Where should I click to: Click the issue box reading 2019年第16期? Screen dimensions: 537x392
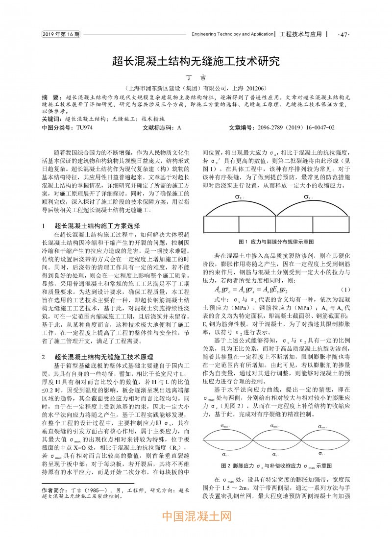[61, 34]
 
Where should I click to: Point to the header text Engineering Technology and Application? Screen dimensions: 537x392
[232, 35]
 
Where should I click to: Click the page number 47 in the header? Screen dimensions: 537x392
[343, 35]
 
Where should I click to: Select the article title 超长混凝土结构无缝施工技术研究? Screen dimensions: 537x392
[196, 61]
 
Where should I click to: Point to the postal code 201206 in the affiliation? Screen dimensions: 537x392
[254, 88]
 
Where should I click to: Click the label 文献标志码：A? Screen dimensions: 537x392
[161, 127]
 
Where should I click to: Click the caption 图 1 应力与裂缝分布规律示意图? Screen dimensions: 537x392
[276, 242]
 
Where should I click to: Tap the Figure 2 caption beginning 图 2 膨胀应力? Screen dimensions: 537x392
[276, 465]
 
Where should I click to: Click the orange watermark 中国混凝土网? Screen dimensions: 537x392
[196, 515]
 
